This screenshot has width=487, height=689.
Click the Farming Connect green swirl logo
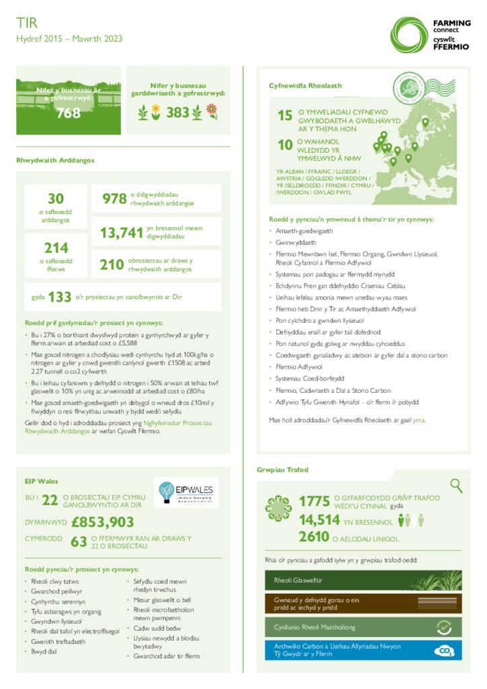410,34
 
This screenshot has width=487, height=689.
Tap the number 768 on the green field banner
68,113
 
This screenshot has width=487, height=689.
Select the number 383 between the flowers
178,113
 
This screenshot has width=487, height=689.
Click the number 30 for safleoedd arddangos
55,198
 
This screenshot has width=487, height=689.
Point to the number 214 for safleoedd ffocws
55,248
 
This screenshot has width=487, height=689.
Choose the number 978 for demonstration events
114,198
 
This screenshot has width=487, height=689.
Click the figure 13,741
121,233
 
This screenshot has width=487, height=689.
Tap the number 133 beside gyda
60,297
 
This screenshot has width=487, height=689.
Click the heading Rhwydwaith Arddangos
55,160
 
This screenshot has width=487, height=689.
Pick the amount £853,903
102,522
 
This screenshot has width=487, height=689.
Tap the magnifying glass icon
456,485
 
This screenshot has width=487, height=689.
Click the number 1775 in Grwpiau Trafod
314,501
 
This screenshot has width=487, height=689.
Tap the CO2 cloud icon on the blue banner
445,651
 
